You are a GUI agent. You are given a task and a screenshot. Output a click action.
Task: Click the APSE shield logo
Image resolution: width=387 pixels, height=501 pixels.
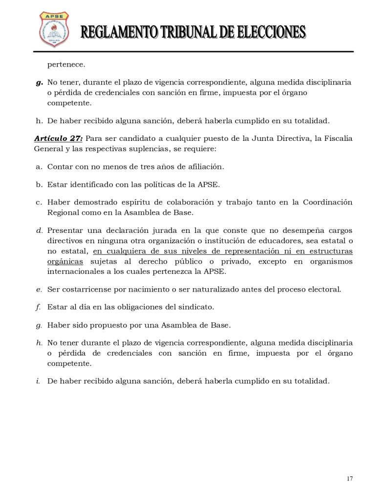coord(54,29)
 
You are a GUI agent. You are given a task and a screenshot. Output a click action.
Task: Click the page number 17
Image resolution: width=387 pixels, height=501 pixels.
coord(349,478)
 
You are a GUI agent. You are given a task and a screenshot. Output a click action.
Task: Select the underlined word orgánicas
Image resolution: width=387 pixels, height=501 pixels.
coord(65,261)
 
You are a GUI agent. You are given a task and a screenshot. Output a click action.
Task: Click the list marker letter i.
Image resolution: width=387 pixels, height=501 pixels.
coord(38,381)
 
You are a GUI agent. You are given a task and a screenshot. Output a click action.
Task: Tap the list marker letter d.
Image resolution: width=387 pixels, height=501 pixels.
coord(39,230)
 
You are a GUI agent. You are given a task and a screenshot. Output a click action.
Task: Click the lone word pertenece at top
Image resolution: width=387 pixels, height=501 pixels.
coord(66,64)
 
